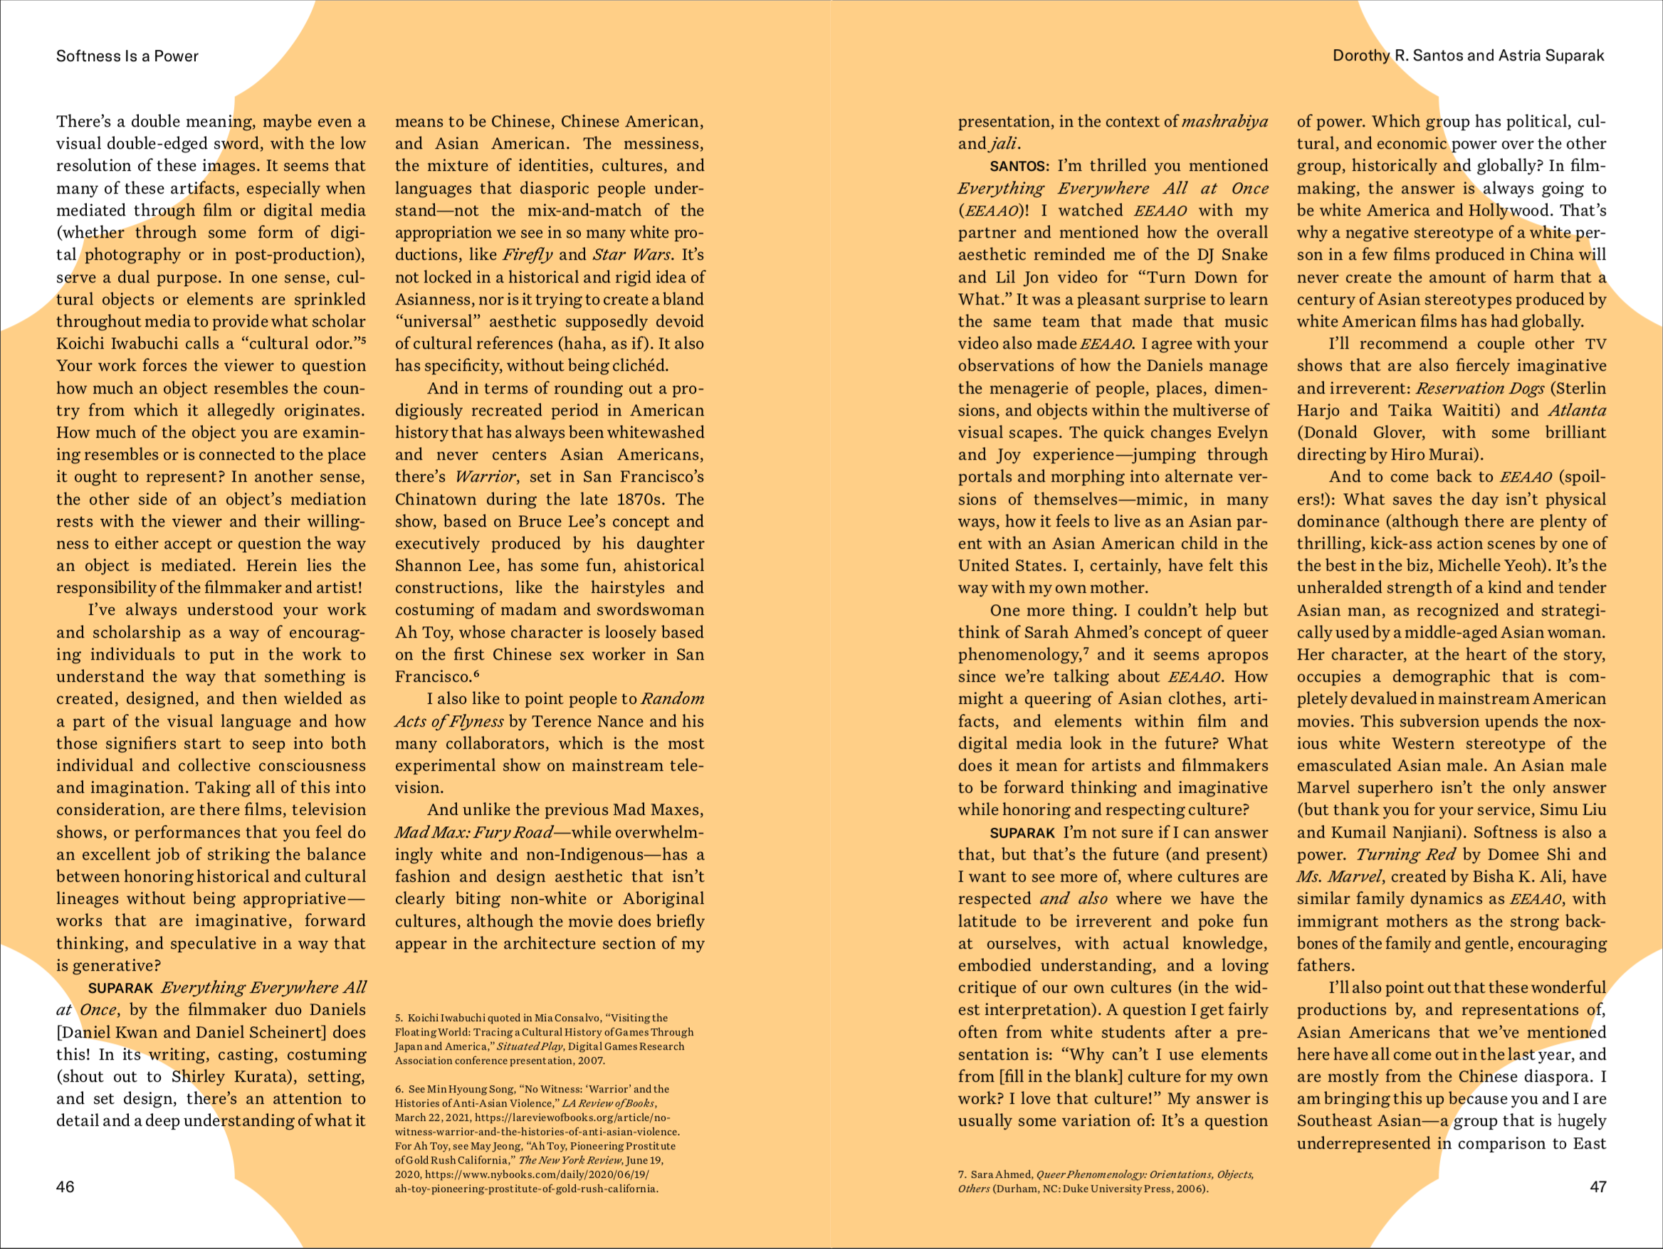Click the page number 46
65,1186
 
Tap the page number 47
1598,1186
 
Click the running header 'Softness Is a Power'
127,56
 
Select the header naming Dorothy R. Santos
1467,56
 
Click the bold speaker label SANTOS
1019,166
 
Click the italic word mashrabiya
1224,122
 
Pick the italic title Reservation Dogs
1479,389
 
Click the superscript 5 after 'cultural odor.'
363,339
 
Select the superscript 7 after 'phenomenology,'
1087,650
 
